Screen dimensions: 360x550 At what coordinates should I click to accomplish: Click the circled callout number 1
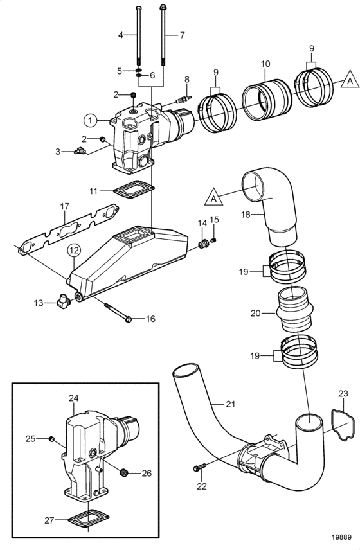[91, 121]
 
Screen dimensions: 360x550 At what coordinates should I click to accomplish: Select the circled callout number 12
[74, 251]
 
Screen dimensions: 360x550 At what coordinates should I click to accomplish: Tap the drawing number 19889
[342, 537]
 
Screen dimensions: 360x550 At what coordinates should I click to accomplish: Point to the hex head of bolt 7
[163, 7]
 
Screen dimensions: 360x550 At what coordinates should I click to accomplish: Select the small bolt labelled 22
[199, 467]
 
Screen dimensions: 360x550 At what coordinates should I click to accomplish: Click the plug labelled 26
[123, 473]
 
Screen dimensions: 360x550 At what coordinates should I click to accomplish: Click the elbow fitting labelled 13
[64, 301]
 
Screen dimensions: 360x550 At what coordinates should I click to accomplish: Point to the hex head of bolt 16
[128, 319]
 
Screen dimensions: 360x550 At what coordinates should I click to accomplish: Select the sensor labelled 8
[184, 99]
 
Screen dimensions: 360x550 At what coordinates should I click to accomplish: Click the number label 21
[230, 404]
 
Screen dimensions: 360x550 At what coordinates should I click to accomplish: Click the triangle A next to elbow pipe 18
[213, 197]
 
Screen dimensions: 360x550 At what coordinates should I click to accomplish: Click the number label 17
[64, 206]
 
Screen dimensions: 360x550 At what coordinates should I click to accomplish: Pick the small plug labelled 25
[51, 438]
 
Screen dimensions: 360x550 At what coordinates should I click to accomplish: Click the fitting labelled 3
[80, 151]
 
